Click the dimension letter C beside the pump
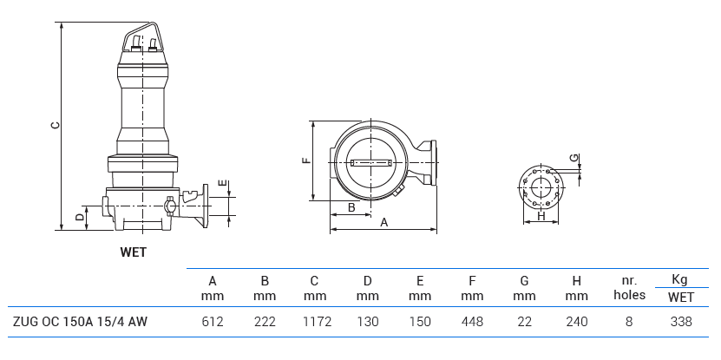click(x=55, y=125)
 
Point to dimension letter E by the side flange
click(x=223, y=183)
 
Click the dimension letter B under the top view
click(x=351, y=207)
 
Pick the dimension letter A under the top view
click(x=383, y=223)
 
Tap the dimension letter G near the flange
click(x=573, y=158)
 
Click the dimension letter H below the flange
click(x=541, y=216)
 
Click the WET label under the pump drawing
click(x=133, y=253)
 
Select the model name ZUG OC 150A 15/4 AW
click(x=80, y=322)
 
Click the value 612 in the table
click(x=213, y=322)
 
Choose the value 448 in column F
click(x=472, y=322)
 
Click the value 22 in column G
click(x=524, y=322)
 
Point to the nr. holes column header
click(x=628, y=288)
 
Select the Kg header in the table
click(x=680, y=279)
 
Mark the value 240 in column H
click(x=576, y=322)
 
